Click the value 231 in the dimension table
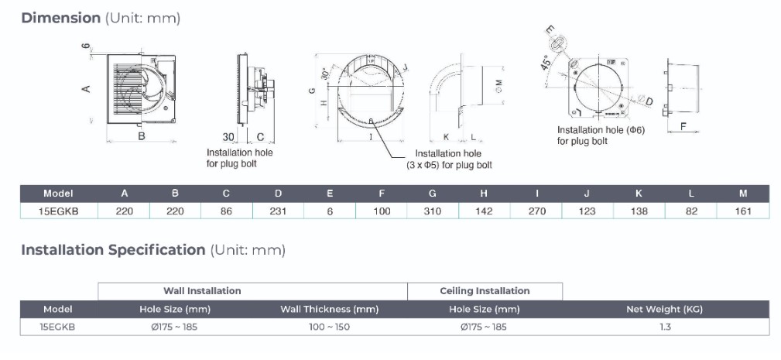[278, 211]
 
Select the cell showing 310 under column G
[433, 211]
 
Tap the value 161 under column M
[743, 211]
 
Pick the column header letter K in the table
[639, 194]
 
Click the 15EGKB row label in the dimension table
[59, 211]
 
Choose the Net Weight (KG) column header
[664, 309]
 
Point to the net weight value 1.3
[664, 327]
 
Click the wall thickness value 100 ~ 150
[329, 327]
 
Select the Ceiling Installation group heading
[485, 291]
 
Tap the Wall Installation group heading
[202, 291]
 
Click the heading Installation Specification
[113, 250]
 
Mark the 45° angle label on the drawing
[546, 63]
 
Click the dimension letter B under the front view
[142, 136]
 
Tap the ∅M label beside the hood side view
[498, 82]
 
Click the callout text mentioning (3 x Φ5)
[449, 165]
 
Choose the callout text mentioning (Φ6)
[601, 130]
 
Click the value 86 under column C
[226, 211]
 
